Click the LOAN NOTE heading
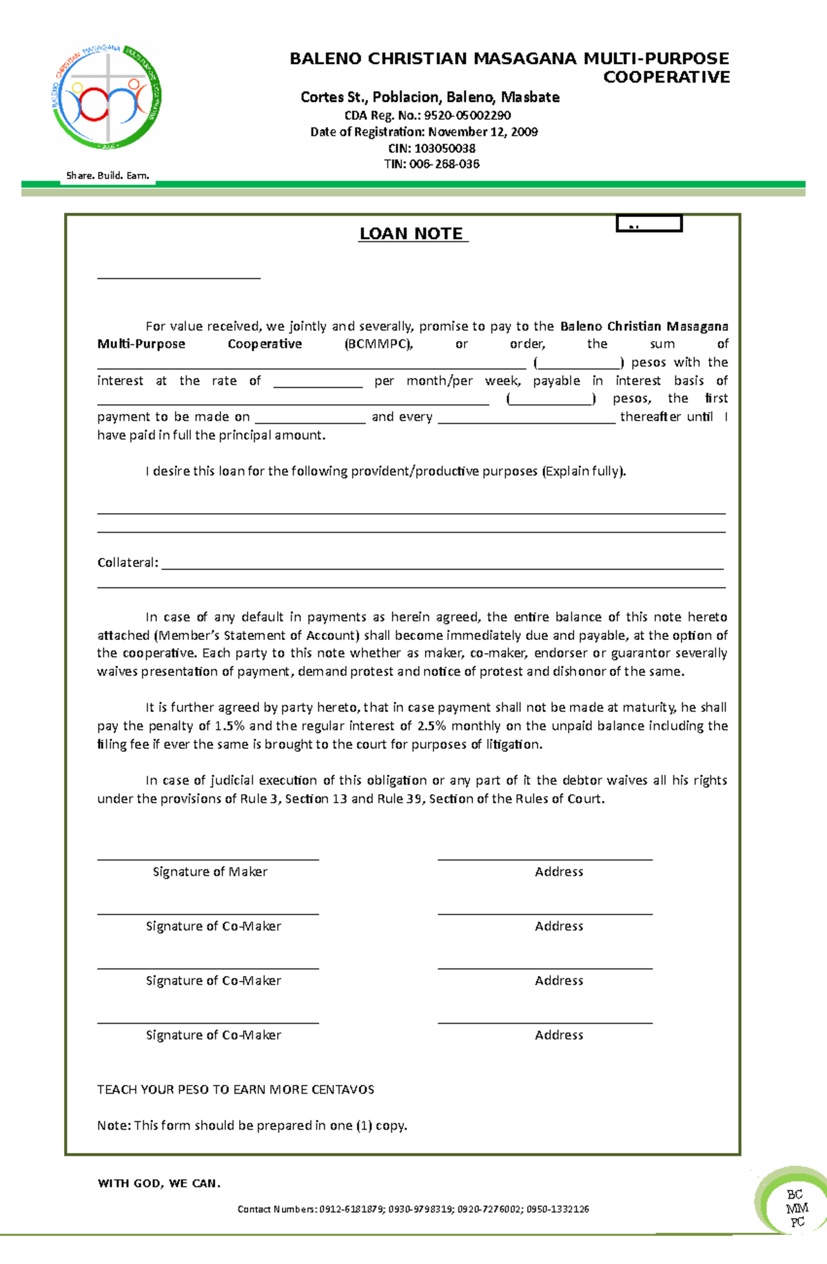[411, 234]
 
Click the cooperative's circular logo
[108, 97]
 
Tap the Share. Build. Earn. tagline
[108, 176]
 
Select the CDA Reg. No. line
[427, 115]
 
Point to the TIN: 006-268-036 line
[431, 164]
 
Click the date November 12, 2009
[482, 132]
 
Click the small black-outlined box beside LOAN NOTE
[649, 223]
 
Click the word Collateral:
[127, 563]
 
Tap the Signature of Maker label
[210, 871]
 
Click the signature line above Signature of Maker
[207, 859]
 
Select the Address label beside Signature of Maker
[559, 871]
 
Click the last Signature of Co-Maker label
[213, 1035]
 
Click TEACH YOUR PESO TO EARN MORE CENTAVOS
[236, 1089]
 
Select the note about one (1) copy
[252, 1125]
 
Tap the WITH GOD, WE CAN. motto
[159, 1183]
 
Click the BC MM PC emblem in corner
[797, 1208]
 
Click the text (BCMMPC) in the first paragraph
[378, 344]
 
